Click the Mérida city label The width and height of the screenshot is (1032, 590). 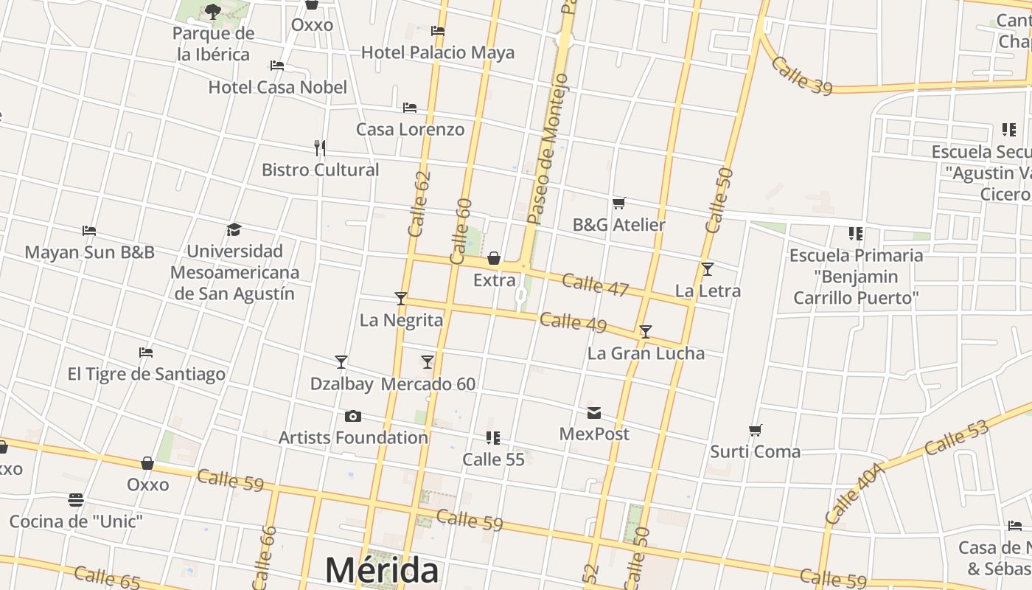[382, 570]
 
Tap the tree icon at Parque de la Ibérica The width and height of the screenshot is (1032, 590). [213, 11]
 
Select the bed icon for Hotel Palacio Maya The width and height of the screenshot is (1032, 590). [438, 31]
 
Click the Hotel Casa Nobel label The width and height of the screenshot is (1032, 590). [277, 87]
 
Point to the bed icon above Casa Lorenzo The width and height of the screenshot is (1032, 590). [410, 108]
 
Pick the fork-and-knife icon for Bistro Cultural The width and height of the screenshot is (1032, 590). [320, 148]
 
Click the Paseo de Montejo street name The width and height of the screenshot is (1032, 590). [548, 147]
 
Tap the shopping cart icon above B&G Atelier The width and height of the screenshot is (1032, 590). [619, 203]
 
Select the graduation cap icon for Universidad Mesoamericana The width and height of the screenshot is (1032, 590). [234, 229]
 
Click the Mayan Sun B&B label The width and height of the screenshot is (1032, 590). [89, 252]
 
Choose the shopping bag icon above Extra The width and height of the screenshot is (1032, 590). [494, 258]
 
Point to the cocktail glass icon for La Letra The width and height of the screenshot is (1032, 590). [708, 269]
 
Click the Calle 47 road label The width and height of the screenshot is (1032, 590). [595, 285]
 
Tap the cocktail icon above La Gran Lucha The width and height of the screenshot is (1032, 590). [646, 332]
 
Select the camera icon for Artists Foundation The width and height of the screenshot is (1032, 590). [353, 416]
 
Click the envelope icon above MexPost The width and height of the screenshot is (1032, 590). [594, 412]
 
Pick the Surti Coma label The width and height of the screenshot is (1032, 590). [755, 451]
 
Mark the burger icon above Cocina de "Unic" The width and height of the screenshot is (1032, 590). [75, 500]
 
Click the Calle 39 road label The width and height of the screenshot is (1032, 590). [802, 76]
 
